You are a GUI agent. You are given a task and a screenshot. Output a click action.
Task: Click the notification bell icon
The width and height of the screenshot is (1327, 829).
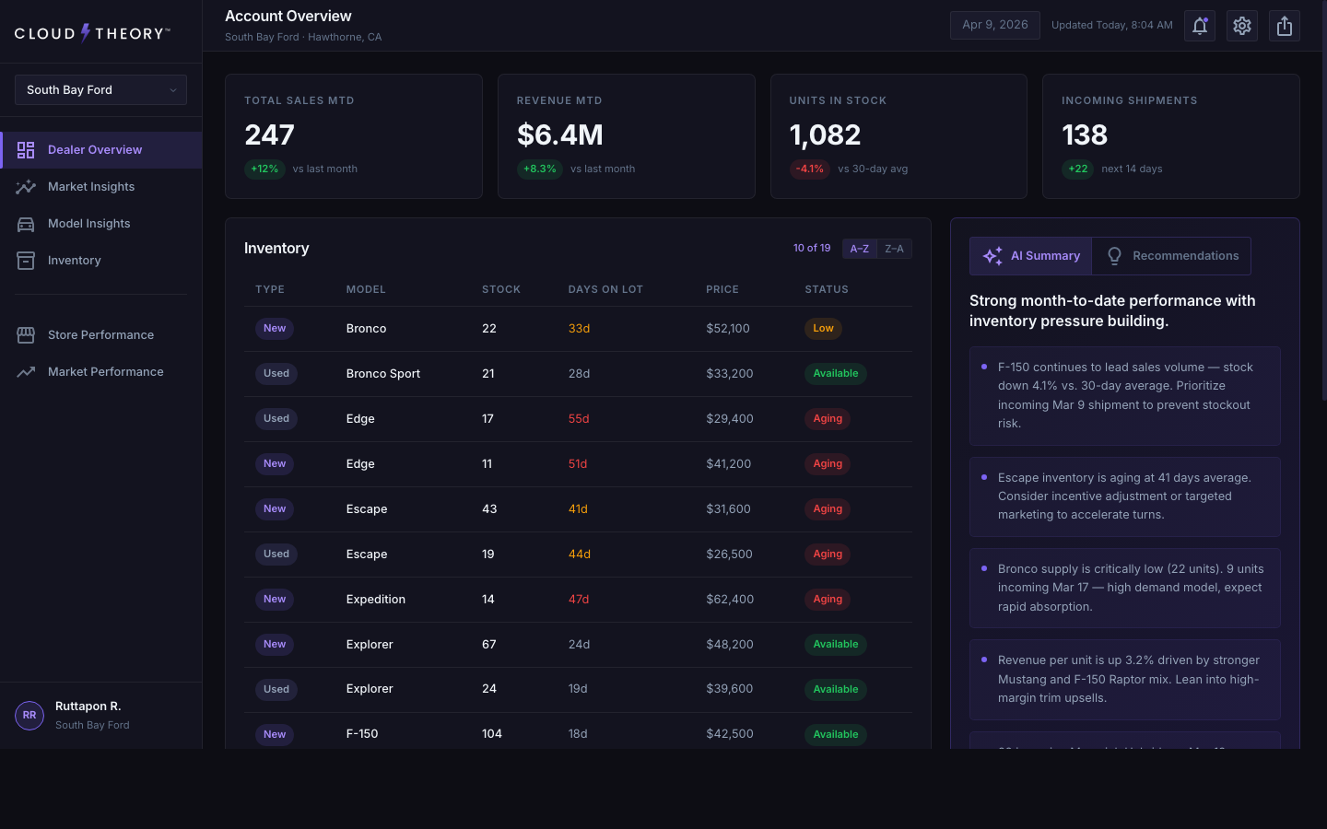pos(1200,26)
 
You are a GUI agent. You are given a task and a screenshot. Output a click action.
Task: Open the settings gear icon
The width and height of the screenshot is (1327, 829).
pos(1242,26)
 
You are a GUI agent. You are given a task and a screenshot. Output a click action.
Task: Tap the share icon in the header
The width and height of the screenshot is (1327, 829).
pos(1285,26)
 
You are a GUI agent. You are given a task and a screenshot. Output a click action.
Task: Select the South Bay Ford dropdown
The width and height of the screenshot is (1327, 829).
pos(100,90)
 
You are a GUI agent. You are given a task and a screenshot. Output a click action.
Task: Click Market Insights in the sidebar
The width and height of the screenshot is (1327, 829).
pos(90,187)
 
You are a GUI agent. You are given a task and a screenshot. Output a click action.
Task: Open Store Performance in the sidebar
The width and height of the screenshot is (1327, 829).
pos(100,335)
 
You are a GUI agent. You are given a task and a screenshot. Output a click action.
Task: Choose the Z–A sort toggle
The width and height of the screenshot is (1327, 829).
pos(894,249)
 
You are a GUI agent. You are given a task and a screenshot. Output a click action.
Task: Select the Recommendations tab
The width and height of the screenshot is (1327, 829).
pos(1172,256)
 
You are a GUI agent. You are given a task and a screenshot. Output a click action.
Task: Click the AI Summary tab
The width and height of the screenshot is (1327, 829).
pos(1031,256)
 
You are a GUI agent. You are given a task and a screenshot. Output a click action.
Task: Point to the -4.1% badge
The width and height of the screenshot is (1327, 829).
pos(809,169)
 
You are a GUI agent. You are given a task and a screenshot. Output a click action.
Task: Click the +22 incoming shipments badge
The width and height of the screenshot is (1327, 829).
pos(1077,169)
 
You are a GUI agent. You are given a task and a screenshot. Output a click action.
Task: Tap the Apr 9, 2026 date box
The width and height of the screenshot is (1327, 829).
pos(994,25)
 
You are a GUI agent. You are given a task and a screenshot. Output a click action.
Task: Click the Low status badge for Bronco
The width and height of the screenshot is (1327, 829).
pos(823,329)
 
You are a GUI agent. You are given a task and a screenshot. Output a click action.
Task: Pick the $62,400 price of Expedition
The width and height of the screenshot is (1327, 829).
pos(730,600)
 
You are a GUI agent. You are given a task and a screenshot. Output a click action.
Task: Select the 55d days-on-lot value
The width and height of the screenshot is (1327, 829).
pos(579,419)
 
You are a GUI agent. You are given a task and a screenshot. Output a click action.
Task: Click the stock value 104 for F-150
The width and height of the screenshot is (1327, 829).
pos(492,734)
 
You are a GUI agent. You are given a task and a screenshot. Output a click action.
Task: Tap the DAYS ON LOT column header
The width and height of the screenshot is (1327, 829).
pos(605,289)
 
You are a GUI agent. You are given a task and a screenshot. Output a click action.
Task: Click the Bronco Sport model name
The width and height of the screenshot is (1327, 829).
pos(383,374)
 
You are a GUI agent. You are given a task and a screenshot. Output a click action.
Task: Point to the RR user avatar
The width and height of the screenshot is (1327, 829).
pos(29,715)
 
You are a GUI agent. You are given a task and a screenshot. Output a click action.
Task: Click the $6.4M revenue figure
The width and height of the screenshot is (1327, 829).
pos(560,135)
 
